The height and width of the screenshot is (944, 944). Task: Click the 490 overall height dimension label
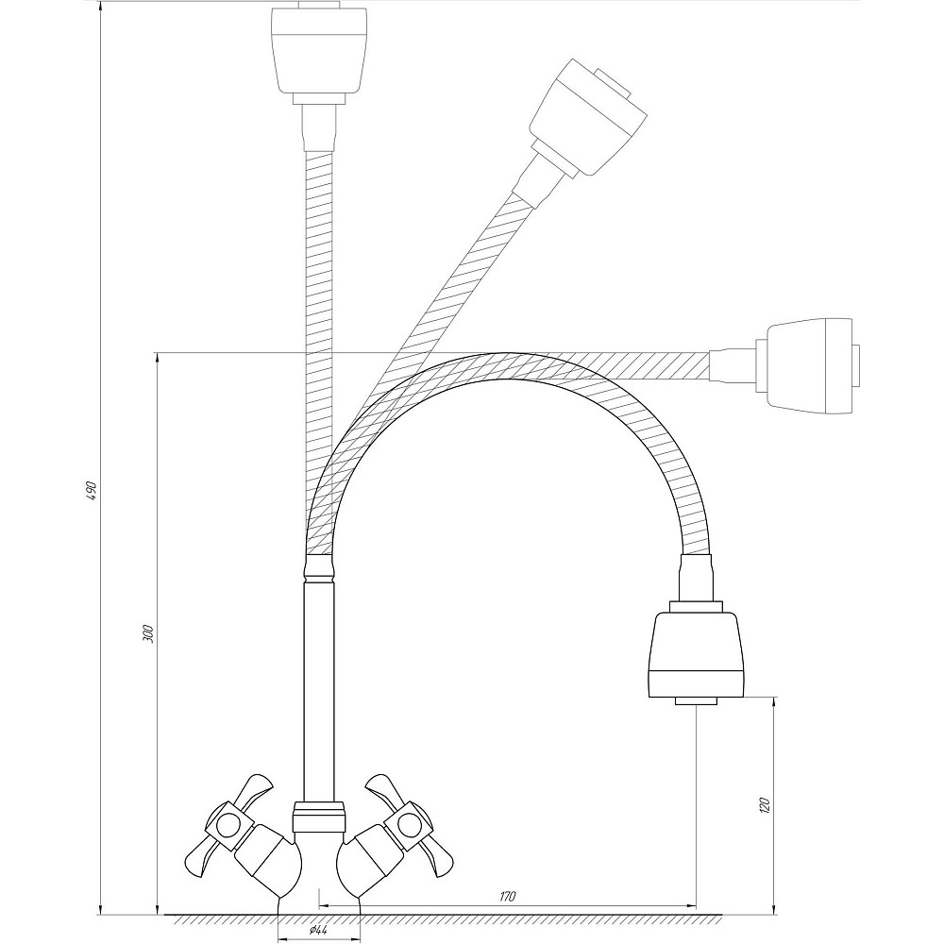click(x=92, y=493)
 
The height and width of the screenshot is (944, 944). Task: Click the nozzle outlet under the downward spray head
click(x=696, y=702)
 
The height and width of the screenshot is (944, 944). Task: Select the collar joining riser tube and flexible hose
click(x=318, y=568)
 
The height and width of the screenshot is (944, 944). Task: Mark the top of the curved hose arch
click(x=510, y=367)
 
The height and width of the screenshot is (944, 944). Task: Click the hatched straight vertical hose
click(x=318, y=283)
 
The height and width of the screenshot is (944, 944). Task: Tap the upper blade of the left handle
click(x=254, y=788)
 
